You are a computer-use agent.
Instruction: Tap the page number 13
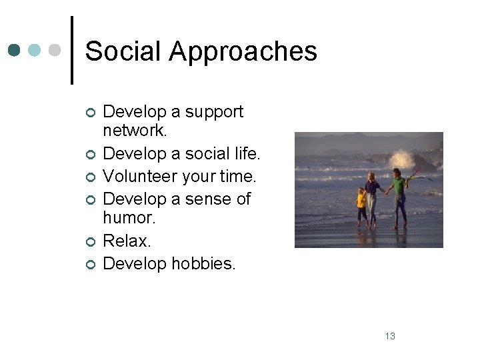click(390, 336)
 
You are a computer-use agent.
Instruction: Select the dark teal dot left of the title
click(15, 51)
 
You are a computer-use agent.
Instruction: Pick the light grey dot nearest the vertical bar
click(55, 51)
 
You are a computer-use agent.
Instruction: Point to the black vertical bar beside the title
click(71, 50)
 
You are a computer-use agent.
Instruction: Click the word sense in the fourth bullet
click(209, 199)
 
